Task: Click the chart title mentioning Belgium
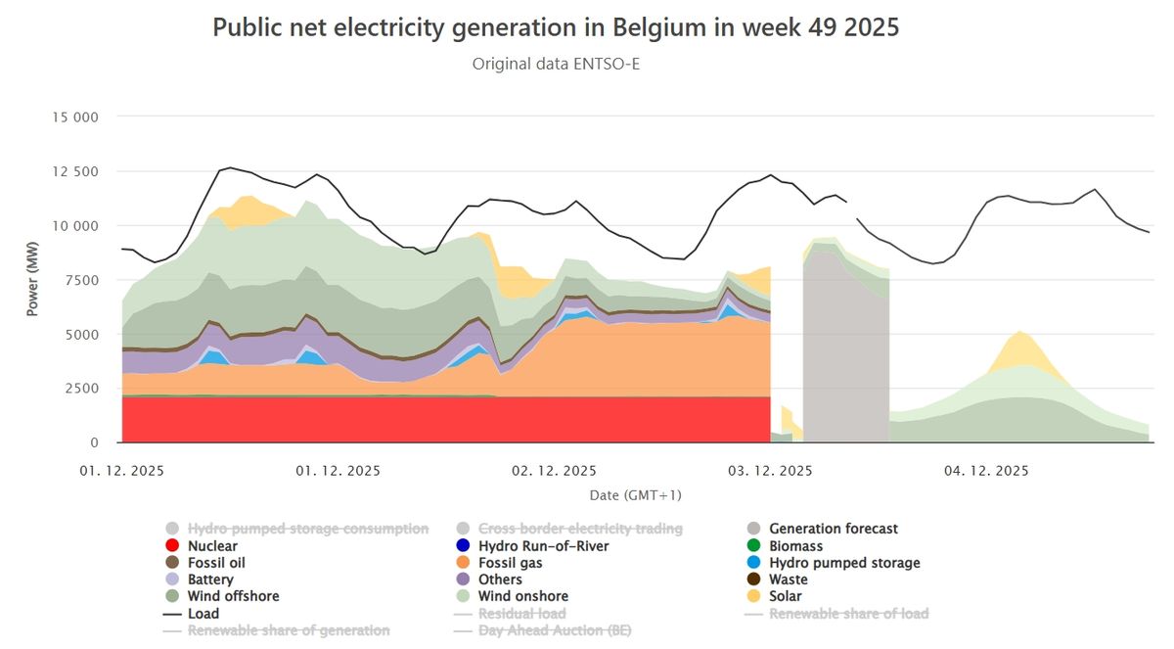(556, 28)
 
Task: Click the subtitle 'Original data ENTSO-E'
(556, 65)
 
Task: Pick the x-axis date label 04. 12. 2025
(986, 471)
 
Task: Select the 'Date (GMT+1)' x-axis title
(635, 495)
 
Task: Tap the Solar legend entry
(785, 596)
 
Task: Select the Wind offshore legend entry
(233, 596)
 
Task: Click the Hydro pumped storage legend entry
(844, 563)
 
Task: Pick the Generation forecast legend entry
(833, 529)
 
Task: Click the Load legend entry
(203, 614)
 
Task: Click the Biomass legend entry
(795, 546)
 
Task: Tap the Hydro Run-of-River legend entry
(543, 546)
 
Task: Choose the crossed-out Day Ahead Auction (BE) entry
(555, 630)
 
